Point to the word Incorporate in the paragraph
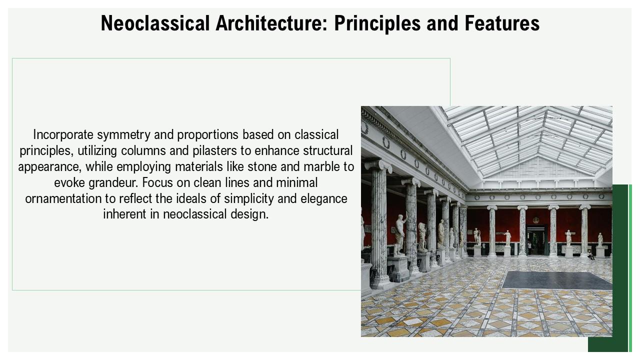63,135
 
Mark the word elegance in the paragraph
323,199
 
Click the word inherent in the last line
124,215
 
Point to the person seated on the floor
591,255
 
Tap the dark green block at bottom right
607,270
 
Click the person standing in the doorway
529,246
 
